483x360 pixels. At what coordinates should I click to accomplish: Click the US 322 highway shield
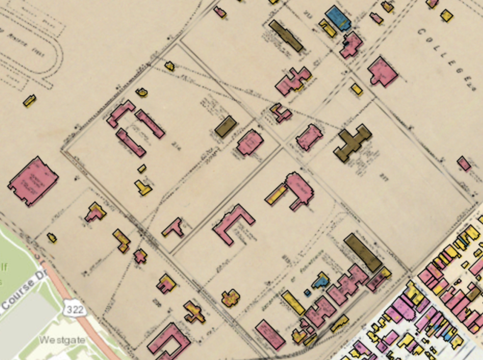coord(75,309)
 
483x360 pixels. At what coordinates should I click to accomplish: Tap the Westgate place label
coord(62,340)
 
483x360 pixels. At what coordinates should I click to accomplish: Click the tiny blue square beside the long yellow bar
coord(307,292)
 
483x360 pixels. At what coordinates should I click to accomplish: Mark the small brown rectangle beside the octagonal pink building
coord(226,126)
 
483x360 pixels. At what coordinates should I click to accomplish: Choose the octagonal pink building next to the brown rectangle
coord(250,142)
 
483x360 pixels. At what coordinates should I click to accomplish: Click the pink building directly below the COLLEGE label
coord(382,71)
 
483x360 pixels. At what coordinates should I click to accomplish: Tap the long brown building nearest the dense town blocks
coord(363,252)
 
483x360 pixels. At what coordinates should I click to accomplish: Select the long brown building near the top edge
coord(286,36)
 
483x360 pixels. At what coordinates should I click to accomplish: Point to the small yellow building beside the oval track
coord(29,100)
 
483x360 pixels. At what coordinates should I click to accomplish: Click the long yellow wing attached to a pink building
coord(276,194)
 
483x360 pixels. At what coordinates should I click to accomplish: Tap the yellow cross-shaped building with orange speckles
coord(230,298)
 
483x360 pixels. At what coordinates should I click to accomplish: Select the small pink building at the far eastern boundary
coord(464,163)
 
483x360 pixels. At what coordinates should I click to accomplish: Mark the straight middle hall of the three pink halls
coord(150,124)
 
